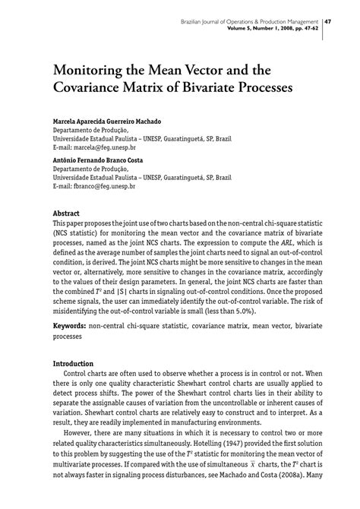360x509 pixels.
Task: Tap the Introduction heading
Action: point(74,364)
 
